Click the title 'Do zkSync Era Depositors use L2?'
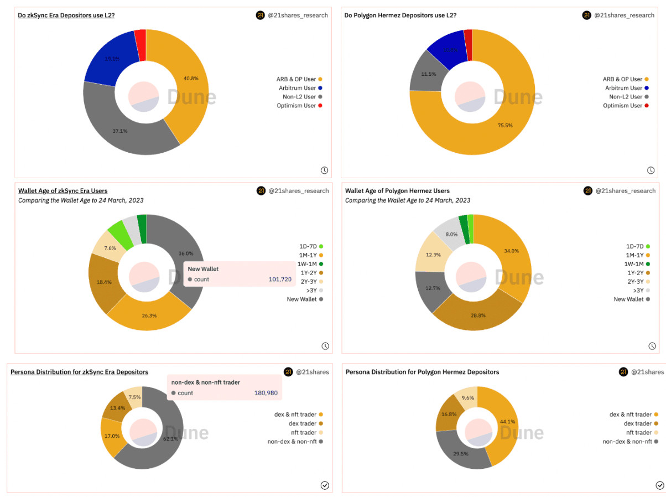(66, 15)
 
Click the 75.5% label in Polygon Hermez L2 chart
(505, 125)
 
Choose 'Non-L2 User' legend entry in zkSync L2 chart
(296, 97)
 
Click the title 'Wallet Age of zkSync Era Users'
(63, 191)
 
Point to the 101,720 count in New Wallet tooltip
(280, 279)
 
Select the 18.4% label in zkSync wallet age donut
(105, 282)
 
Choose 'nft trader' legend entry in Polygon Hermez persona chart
(635, 432)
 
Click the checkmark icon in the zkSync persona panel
(325, 485)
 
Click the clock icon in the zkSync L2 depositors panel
(324, 170)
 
